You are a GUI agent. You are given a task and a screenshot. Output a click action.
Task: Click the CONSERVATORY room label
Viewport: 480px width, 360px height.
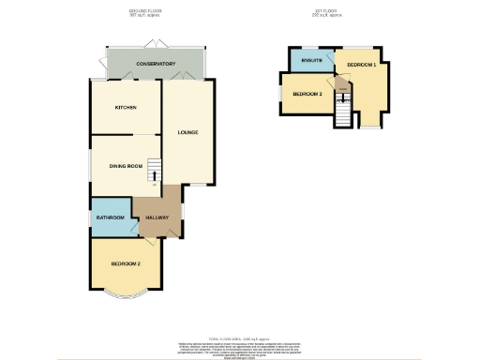point(156,64)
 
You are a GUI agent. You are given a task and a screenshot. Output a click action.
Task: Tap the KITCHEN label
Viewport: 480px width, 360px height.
point(127,108)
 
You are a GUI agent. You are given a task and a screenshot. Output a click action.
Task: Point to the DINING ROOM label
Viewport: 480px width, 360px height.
point(126,166)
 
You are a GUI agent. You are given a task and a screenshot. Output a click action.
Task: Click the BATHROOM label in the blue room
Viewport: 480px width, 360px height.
point(111,217)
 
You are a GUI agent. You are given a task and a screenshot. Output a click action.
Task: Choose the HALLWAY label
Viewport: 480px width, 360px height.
point(156,217)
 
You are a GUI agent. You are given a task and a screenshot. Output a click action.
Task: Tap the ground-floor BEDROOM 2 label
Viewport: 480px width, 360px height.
point(126,264)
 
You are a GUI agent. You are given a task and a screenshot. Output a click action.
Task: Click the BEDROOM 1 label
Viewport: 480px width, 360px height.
point(361,65)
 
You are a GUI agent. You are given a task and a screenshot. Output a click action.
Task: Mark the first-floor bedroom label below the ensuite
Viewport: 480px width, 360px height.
point(307,95)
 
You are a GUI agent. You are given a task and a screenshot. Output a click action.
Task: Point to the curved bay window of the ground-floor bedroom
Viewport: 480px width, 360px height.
point(126,299)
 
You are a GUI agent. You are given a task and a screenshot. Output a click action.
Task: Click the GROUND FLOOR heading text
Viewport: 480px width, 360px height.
point(145,12)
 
